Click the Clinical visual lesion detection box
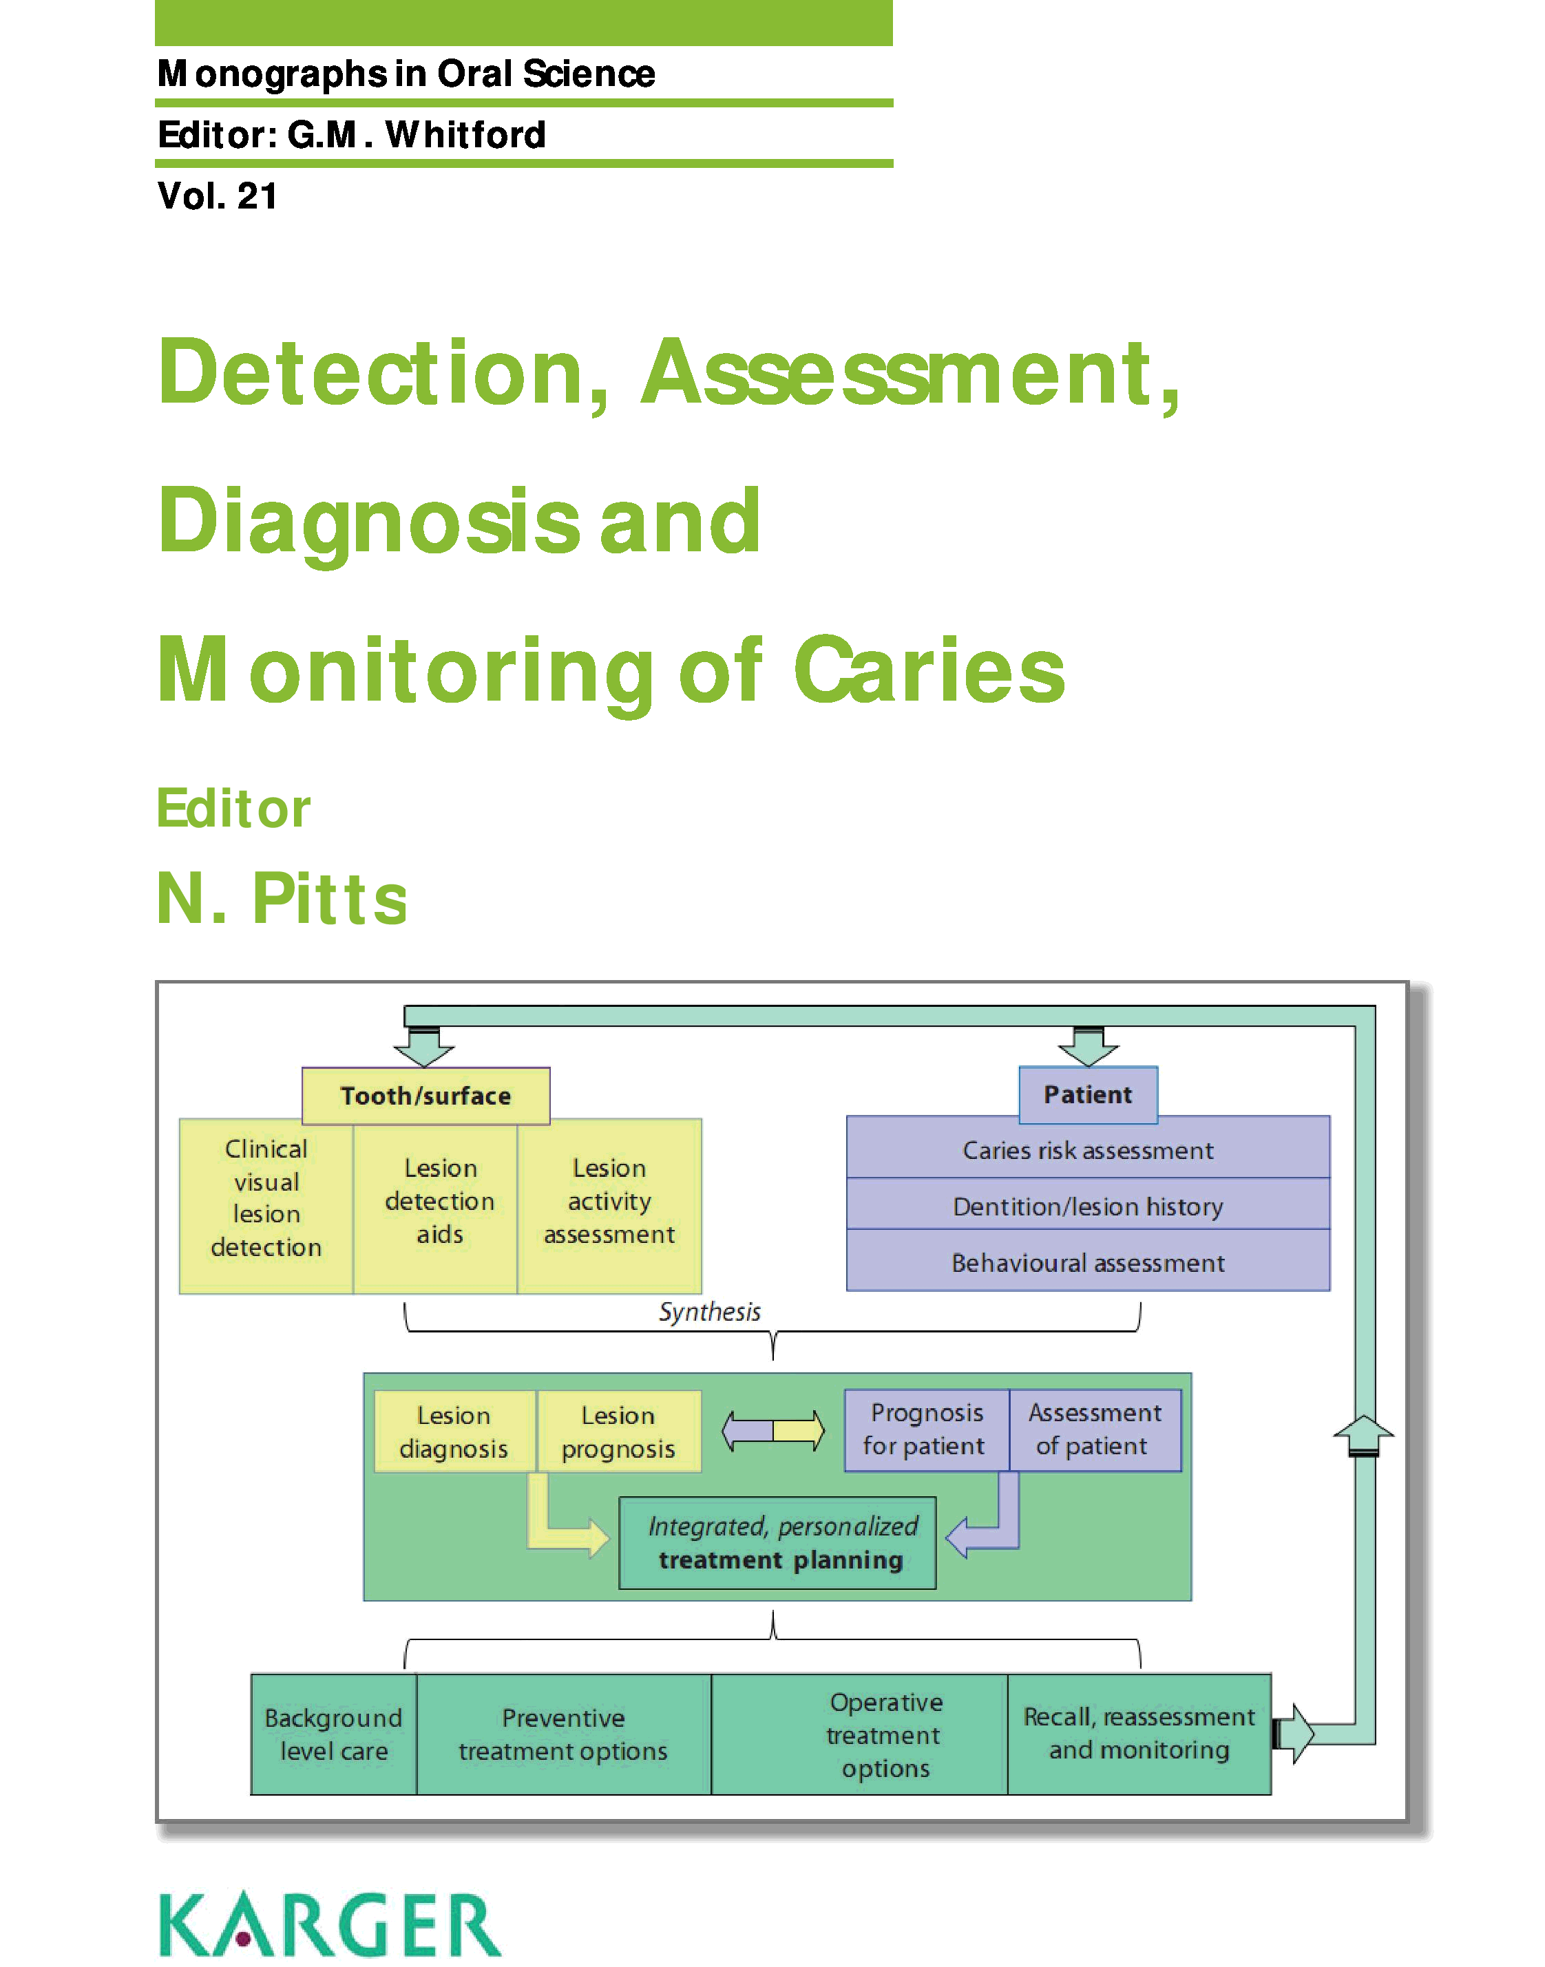pos(266,1198)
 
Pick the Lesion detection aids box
pos(440,1201)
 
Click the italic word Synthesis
pos(709,1311)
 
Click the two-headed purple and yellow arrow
pos(772,1431)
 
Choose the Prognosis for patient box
pos(925,1429)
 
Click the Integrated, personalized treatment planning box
pos(779,1543)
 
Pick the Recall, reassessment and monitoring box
pos(1138,1733)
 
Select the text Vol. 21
pos(217,196)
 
